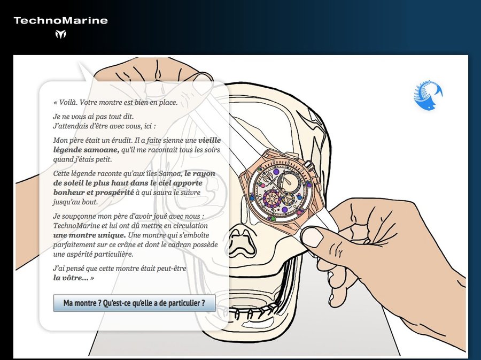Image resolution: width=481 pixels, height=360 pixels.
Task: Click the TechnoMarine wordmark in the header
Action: pos(61,20)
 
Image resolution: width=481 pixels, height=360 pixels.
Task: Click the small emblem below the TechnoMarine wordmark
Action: pos(61,34)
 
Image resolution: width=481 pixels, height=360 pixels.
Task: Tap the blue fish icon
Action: pos(428,95)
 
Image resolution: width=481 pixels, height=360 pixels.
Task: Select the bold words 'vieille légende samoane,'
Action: pos(137,145)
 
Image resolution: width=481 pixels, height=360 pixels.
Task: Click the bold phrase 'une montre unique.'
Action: pos(89,235)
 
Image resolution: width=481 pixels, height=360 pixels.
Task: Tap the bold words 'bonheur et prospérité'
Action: pos(94,193)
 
